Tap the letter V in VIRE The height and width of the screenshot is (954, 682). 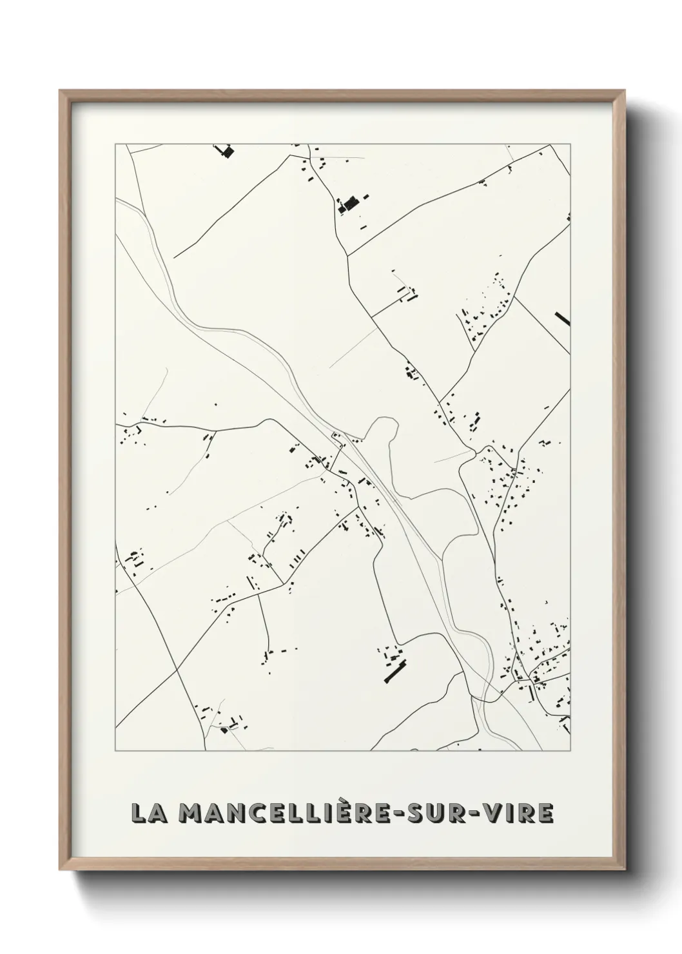pyautogui.click(x=499, y=813)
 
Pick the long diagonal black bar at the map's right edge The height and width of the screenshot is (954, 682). pyautogui.click(x=562, y=318)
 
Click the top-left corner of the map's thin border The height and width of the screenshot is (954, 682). pyautogui.click(x=115, y=144)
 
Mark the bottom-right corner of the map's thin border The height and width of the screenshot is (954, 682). pyautogui.click(x=571, y=751)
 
